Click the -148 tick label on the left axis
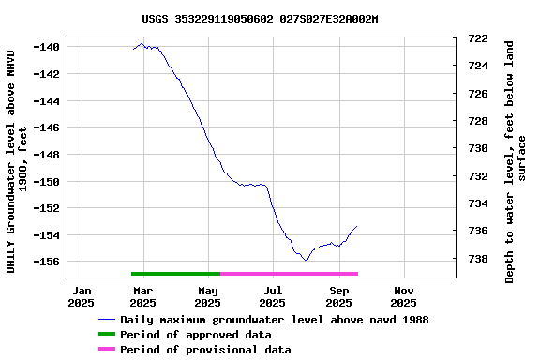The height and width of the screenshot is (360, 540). point(48,155)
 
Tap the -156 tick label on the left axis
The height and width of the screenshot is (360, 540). point(48,262)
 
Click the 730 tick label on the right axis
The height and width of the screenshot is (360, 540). point(477,148)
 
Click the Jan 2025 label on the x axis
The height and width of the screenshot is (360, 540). point(82,296)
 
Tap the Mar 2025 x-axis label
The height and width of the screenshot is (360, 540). point(142,296)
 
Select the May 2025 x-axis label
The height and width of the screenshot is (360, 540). point(208,296)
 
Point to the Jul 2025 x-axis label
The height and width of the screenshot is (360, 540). point(273,296)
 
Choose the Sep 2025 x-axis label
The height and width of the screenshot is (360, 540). point(338,296)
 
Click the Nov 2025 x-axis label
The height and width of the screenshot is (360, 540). point(403,296)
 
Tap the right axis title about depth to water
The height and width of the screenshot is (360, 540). point(516,161)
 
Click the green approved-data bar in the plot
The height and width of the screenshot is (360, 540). point(176,274)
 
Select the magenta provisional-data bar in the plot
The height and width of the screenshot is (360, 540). point(289,274)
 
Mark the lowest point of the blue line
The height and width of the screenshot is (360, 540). point(306,261)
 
